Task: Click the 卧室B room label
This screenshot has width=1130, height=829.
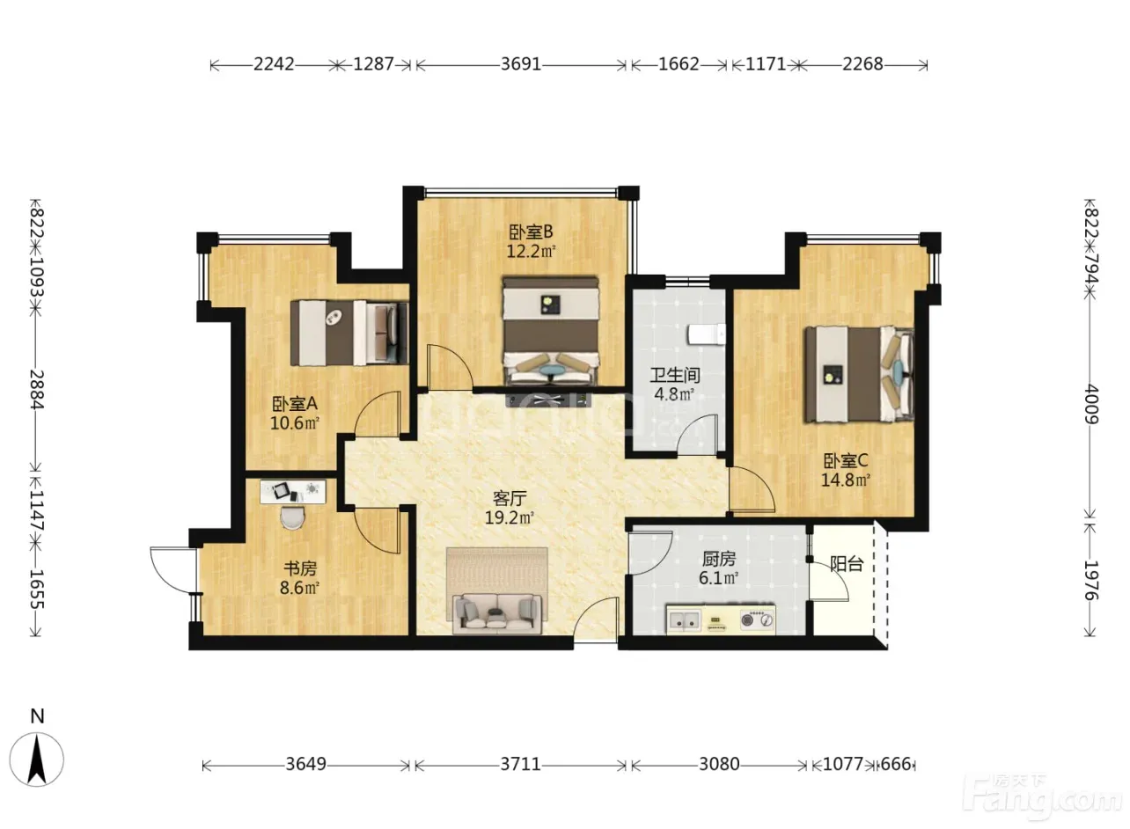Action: click(x=530, y=232)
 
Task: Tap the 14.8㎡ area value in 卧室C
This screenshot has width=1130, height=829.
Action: click(x=846, y=480)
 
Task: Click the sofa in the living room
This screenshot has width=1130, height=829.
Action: click(x=497, y=613)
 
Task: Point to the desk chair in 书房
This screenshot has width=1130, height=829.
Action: click(x=292, y=517)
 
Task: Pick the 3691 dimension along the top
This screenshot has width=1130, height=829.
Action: click(x=521, y=64)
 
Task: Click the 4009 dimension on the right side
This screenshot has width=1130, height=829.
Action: click(x=1090, y=404)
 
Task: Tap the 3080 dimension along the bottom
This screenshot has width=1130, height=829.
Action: click(x=719, y=765)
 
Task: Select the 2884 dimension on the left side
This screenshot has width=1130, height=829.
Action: click(x=36, y=390)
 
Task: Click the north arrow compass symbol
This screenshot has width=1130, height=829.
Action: click(x=37, y=759)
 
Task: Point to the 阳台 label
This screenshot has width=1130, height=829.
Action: click(x=847, y=564)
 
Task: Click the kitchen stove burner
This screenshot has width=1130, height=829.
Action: click(x=757, y=620)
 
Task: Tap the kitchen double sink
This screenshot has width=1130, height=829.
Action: click(x=684, y=620)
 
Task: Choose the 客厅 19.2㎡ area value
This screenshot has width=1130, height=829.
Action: click(x=510, y=517)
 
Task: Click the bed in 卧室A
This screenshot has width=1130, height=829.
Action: click(x=349, y=333)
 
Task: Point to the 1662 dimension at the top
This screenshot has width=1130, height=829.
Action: click(x=679, y=64)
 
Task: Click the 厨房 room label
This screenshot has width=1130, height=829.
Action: click(x=719, y=559)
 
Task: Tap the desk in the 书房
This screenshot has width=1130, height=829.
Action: click(x=292, y=492)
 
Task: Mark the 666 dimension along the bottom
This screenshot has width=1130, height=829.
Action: click(x=895, y=765)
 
